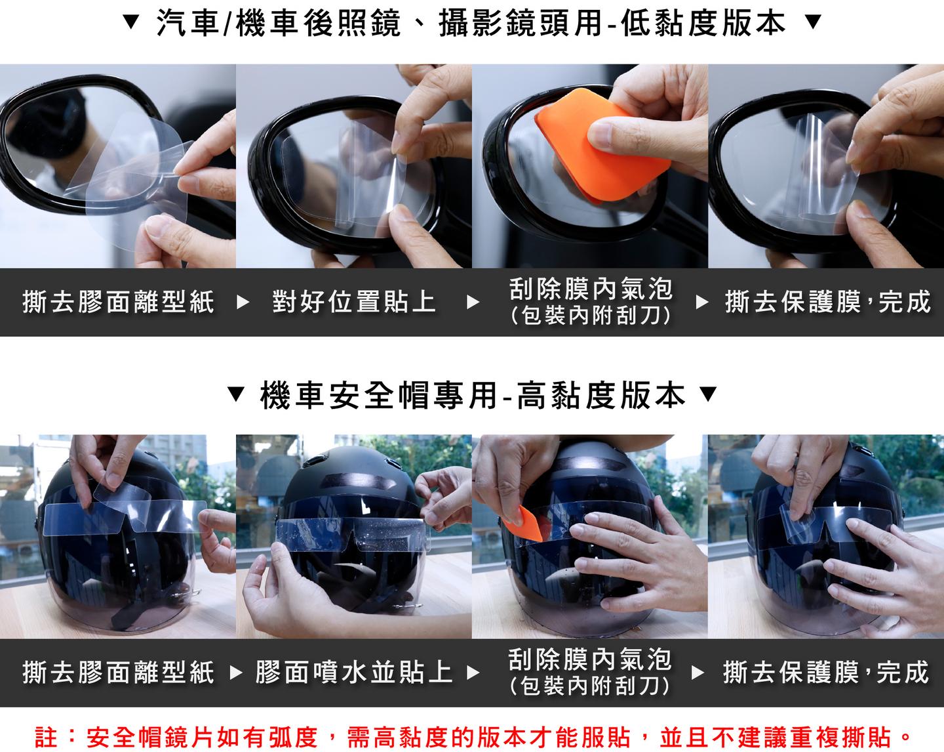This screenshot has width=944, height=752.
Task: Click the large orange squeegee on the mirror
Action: click(x=601, y=145)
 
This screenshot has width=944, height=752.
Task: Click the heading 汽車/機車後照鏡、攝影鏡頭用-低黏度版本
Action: click(x=471, y=23)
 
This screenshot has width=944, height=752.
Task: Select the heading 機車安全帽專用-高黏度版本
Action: click(x=473, y=395)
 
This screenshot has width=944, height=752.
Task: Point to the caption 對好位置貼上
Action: click(x=353, y=302)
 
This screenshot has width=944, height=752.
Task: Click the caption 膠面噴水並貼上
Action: click(x=353, y=673)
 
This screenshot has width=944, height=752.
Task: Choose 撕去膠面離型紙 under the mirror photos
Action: click(x=119, y=302)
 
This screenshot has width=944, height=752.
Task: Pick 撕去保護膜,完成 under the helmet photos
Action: click(x=826, y=673)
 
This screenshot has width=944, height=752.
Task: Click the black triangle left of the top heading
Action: click(x=130, y=22)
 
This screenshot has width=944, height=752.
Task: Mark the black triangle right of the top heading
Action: click(x=814, y=22)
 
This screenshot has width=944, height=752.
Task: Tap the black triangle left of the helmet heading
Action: click(x=236, y=394)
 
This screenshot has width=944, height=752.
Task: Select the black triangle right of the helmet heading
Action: click(x=708, y=394)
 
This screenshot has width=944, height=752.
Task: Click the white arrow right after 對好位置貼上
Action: click(x=473, y=303)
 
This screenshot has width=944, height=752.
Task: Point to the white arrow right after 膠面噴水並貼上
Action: click(x=473, y=673)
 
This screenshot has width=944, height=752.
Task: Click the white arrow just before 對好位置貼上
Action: click(x=243, y=303)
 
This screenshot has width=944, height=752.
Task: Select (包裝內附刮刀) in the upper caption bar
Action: click(x=591, y=316)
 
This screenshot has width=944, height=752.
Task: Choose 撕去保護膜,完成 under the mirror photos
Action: click(x=828, y=302)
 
